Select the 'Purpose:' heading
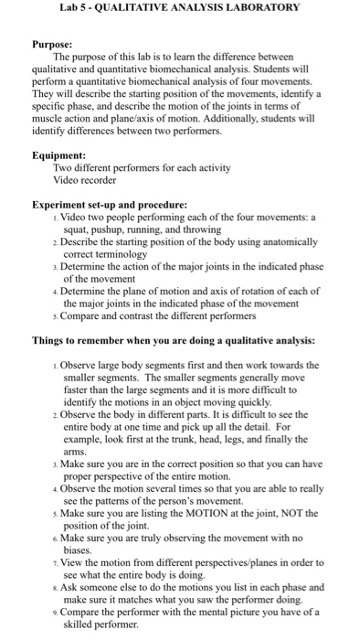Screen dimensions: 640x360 tap(54, 43)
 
